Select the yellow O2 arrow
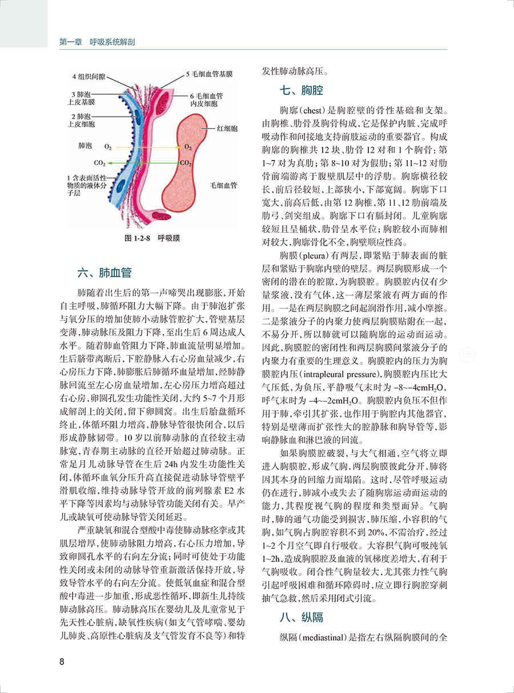(x=143, y=147)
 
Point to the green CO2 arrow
(x=143, y=163)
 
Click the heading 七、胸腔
(x=302, y=90)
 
